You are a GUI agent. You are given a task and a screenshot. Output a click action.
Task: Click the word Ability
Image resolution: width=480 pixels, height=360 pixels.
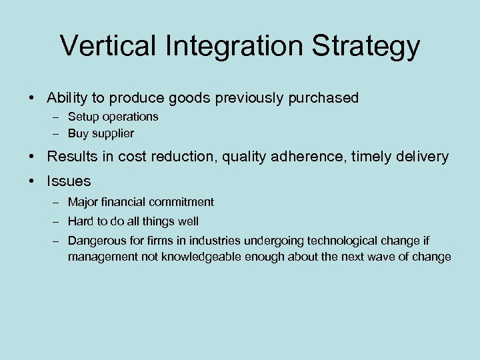coord(67,98)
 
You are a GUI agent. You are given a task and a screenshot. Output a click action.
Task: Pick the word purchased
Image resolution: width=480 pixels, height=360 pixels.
coord(323,98)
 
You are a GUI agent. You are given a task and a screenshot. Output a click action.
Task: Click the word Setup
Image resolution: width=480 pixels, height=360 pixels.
coord(83,117)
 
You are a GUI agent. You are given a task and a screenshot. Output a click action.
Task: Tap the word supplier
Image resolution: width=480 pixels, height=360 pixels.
coord(113,133)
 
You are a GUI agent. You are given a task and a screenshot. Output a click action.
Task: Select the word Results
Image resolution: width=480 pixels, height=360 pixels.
coord(72,157)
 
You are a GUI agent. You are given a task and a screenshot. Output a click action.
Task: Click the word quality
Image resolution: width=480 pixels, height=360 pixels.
coord(242,157)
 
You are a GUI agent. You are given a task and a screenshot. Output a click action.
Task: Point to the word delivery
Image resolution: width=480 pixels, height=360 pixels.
coord(423,157)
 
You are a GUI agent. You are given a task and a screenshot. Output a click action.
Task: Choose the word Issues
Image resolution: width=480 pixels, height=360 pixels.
coord(69,181)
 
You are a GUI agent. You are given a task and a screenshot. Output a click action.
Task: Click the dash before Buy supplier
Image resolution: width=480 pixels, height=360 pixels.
coord(56,133)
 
